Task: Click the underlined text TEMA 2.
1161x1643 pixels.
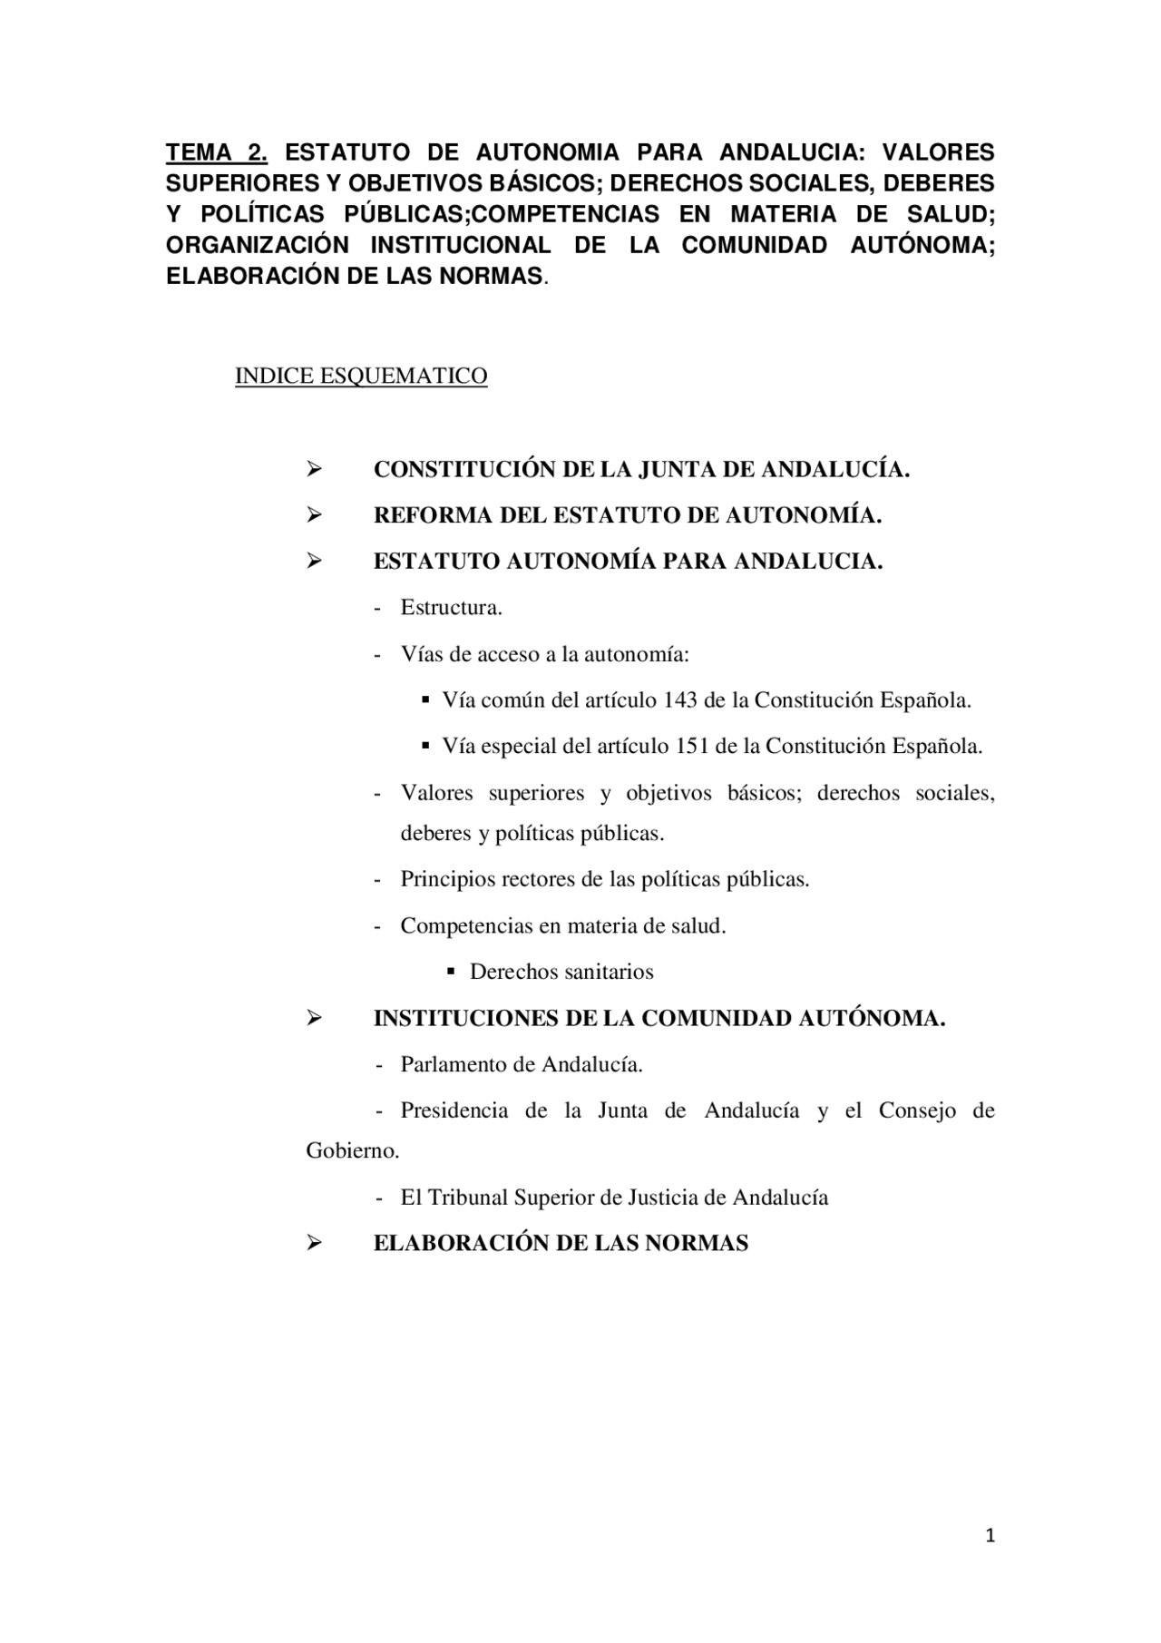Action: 216,152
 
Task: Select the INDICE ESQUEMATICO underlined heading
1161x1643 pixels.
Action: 361,376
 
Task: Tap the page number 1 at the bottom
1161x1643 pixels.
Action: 990,1535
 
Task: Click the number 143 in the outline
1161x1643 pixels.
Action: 680,700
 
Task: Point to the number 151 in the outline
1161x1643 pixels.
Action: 693,747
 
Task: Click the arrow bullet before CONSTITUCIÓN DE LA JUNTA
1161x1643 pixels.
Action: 314,470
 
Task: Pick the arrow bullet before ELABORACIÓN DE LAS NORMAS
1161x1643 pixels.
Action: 314,1243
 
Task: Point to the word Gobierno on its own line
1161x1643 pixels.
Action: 351,1150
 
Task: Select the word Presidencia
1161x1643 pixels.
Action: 454,1110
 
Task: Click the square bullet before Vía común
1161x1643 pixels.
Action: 425,700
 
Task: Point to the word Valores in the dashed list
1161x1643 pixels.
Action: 436,793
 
